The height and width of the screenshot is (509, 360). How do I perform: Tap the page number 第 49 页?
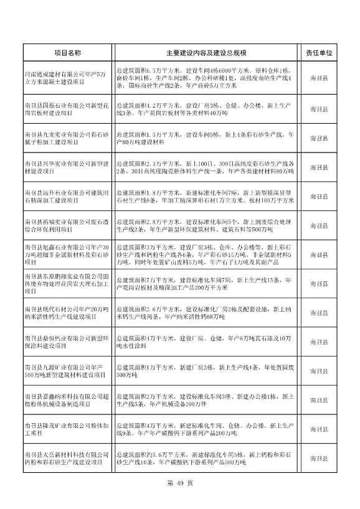pyautogui.click(x=181, y=483)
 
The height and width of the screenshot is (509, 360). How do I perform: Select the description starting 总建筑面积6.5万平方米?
pyautogui.click(x=206, y=78)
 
